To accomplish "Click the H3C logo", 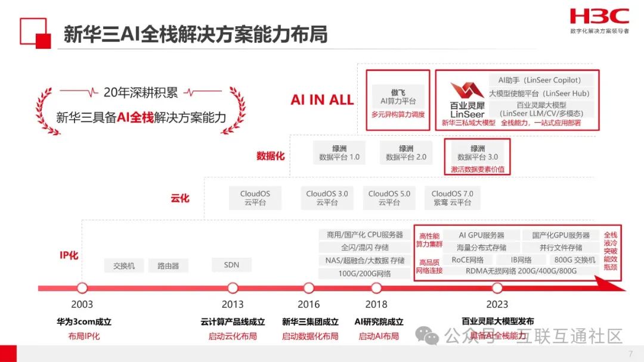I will [x=599, y=16].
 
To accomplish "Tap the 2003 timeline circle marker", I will [x=82, y=288].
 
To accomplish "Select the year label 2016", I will [x=308, y=304].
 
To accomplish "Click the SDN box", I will [x=231, y=265].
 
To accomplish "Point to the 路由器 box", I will [x=168, y=266].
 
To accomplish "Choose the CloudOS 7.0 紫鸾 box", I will [x=452, y=198].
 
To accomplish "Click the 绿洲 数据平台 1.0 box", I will [x=339, y=153].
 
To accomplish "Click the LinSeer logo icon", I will [x=467, y=91].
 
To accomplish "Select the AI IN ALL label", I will [x=322, y=99].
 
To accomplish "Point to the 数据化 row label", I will [x=271, y=155].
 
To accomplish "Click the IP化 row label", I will [x=69, y=255].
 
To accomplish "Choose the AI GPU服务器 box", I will [x=481, y=235].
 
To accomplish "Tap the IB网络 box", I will [x=521, y=260].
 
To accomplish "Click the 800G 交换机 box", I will [x=574, y=260].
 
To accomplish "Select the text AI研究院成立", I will [x=379, y=322].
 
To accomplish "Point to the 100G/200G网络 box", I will [x=364, y=273].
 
